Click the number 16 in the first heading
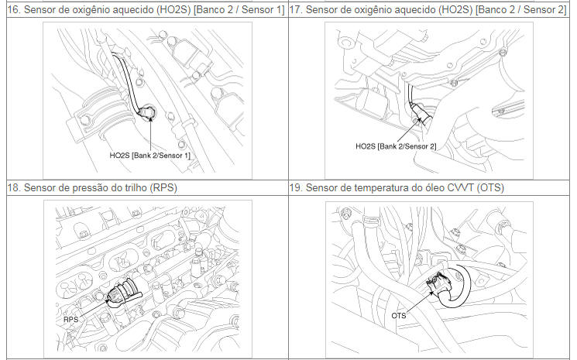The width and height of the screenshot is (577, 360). (x=14, y=10)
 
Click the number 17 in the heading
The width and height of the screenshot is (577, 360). (x=295, y=10)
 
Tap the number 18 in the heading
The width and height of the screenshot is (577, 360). (x=14, y=188)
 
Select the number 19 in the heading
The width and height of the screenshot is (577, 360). (x=295, y=188)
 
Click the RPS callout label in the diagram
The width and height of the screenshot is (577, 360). (x=71, y=319)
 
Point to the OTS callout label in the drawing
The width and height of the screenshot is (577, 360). (x=399, y=316)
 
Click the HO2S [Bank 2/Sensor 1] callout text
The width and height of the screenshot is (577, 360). (x=149, y=156)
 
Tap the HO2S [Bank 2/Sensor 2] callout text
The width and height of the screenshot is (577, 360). (x=396, y=146)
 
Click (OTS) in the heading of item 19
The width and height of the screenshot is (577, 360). (x=490, y=188)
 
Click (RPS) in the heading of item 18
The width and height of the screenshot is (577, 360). (x=163, y=188)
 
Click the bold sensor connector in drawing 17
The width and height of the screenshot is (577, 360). (x=422, y=113)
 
